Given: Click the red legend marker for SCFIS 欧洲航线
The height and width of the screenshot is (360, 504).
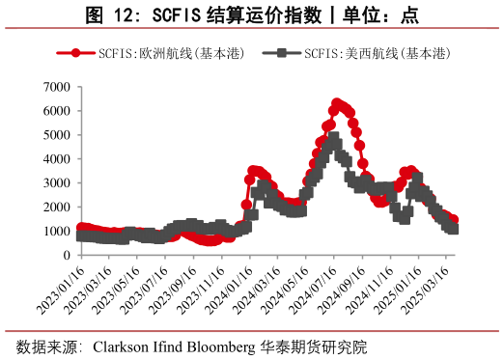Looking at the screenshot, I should (x=70, y=54).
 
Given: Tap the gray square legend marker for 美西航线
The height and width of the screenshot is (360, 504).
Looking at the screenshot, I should (x=281, y=54).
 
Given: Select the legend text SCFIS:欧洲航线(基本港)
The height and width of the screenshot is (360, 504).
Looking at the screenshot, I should (x=164, y=54).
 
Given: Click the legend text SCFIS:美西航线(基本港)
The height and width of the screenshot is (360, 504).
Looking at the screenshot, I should (x=377, y=54).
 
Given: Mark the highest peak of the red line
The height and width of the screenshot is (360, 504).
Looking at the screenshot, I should (x=337, y=103).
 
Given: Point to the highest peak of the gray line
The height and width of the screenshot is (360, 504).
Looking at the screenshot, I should (x=334, y=139).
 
